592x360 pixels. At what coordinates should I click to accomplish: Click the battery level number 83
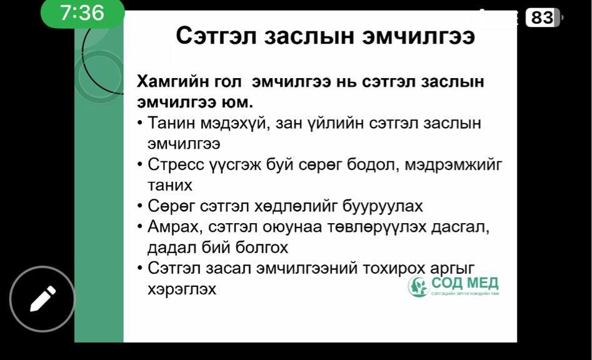[542, 17]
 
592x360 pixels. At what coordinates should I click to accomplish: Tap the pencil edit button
[43, 299]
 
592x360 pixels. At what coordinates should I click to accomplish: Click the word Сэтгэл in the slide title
[216, 36]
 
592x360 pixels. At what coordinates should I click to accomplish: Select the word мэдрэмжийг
[453, 165]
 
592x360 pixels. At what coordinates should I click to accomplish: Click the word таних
[170, 185]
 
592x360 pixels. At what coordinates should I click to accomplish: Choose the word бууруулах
[383, 206]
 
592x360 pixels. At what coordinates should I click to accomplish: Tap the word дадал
[171, 248]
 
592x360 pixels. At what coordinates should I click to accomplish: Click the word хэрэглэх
[182, 289]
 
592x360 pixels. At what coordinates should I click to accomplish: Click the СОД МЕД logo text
[464, 282]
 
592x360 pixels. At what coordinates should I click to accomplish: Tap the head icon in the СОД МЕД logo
[418, 286]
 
